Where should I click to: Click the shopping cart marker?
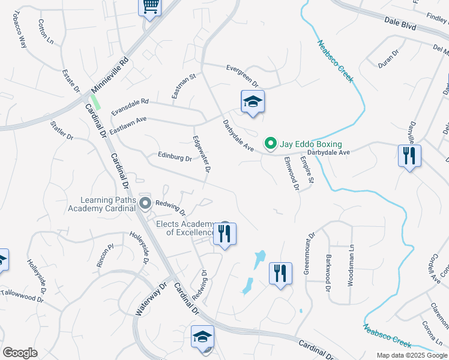[x=150, y=7]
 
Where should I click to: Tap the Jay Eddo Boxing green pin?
[x=270, y=143]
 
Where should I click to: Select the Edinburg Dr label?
[x=175, y=158]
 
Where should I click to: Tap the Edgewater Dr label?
[x=200, y=154]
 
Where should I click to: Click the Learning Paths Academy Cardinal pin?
[x=145, y=203]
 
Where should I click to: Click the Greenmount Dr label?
[x=309, y=254]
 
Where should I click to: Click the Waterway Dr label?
[x=150, y=300]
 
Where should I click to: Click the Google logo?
[x=20, y=352]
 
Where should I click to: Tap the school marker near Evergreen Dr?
[x=253, y=102]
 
